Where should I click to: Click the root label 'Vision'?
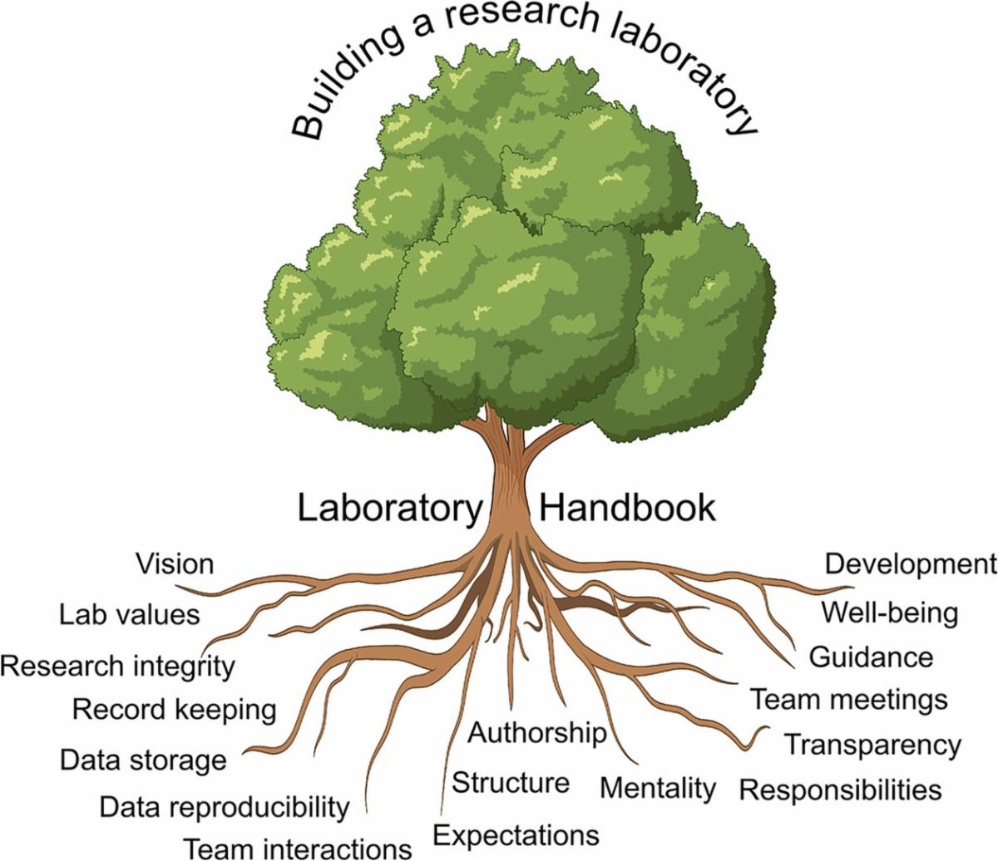(x=175, y=564)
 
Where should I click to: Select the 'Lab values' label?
(x=130, y=615)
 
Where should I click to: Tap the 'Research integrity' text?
(x=117, y=666)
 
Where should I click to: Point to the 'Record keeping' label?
(x=174, y=710)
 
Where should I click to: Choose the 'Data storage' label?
(x=143, y=760)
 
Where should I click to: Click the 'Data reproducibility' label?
(x=225, y=806)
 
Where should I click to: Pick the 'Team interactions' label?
(x=297, y=849)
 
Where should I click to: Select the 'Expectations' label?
(x=516, y=834)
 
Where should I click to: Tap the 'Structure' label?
(x=511, y=783)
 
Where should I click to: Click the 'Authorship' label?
(x=537, y=733)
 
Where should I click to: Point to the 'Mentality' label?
(x=657, y=787)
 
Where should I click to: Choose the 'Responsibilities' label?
(x=841, y=790)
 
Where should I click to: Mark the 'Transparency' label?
(x=872, y=745)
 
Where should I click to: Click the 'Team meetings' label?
(x=849, y=700)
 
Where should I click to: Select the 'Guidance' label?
(x=871, y=657)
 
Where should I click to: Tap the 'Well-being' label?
(x=890, y=613)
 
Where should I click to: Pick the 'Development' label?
(x=910, y=564)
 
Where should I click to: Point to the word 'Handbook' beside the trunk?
(x=627, y=507)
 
